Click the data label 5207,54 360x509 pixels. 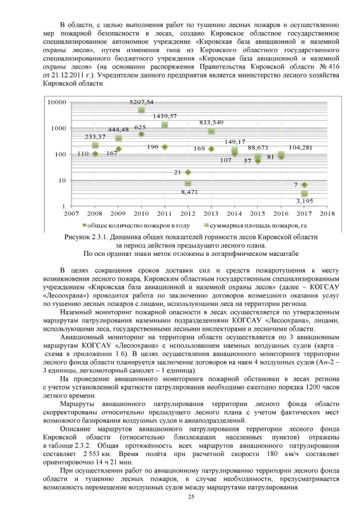141,102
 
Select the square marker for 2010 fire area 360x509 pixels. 141,110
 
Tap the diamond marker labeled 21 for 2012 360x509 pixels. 188,172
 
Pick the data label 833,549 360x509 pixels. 214,123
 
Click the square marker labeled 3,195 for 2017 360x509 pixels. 304,193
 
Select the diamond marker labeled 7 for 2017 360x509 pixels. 304,184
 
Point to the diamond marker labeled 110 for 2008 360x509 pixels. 95,154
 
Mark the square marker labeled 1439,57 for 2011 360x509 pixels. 165,125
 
